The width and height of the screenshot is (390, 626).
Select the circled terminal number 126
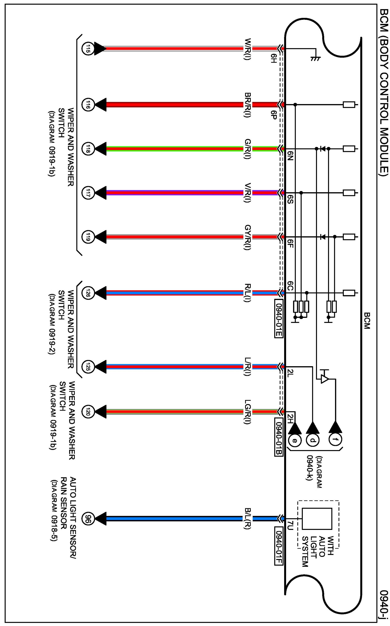pyautogui.click(x=87, y=293)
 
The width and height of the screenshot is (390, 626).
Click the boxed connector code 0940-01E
pyautogui.click(x=279, y=319)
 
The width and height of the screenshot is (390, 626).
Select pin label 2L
pyautogui.click(x=290, y=374)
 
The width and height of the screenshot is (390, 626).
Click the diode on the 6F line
pyautogui.click(x=322, y=237)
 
